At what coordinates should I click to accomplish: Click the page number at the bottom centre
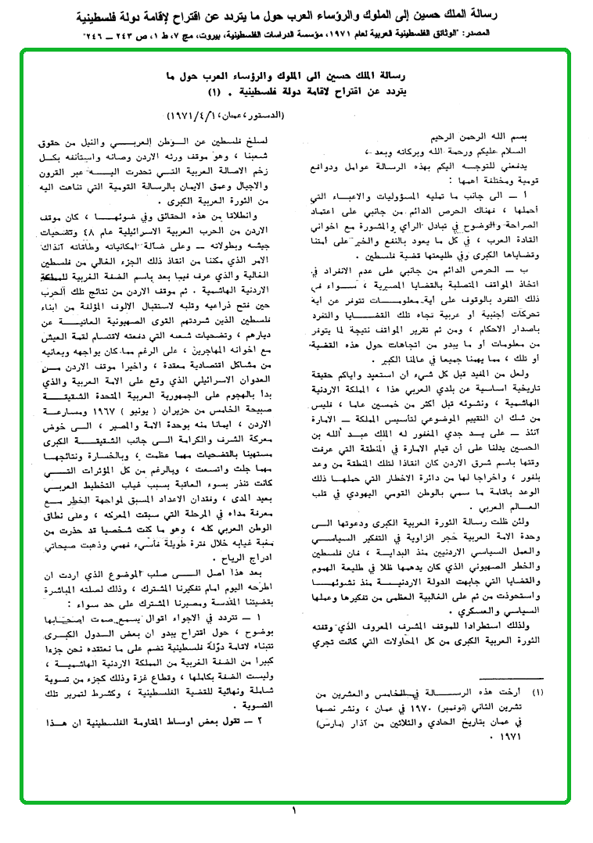click(x=295, y=812)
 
